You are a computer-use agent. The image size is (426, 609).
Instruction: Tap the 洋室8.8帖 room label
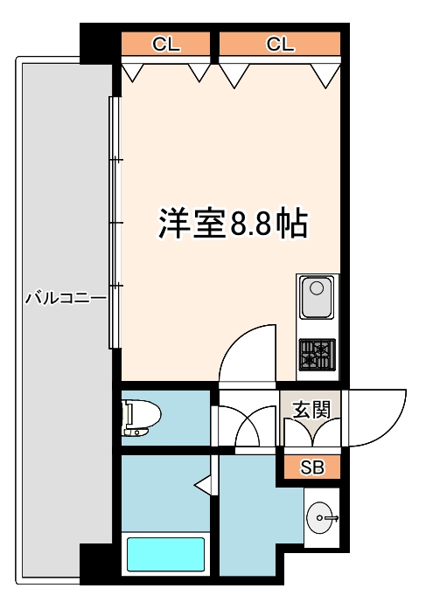pyautogui.click(x=232, y=224)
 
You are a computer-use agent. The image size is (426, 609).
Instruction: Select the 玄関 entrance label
pyautogui.click(x=311, y=409)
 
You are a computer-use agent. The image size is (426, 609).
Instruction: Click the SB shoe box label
pyautogui.click(x=312, y=467)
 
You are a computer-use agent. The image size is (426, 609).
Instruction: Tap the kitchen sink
pyautogui.click(x=316, y=298)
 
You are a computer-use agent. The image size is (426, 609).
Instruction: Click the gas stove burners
pyautogui.click(x=316, y=354)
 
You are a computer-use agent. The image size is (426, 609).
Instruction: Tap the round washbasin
pyautogui.click(x=322, y=518)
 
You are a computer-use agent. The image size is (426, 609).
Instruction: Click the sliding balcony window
pyautogui.click(x=113, y=223)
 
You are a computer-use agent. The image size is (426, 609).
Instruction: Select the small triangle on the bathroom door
pyautogui.click(x=201, y=482)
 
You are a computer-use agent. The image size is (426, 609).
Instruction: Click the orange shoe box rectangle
pyautogui.click(x=312, y=467)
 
